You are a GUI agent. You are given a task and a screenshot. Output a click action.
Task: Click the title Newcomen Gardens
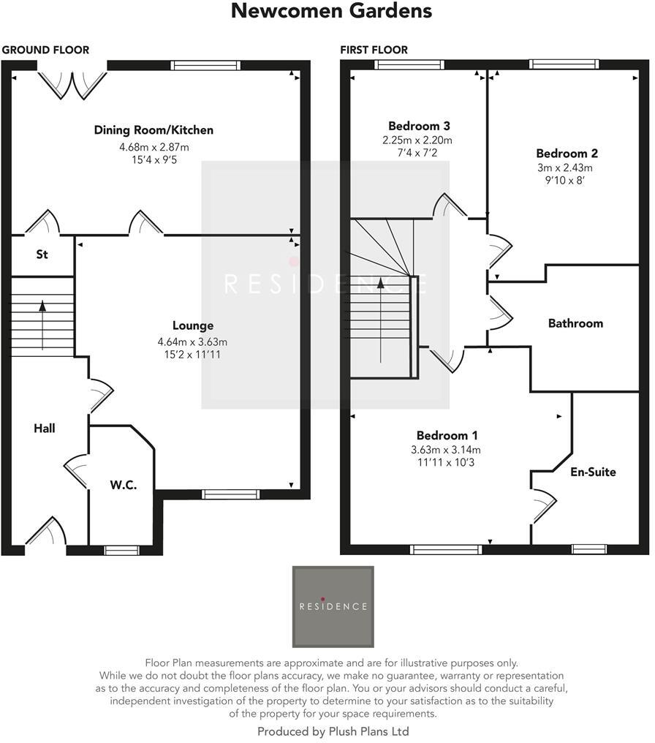coord(331,12)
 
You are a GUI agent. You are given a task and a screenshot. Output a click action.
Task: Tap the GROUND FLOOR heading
coord(45,50)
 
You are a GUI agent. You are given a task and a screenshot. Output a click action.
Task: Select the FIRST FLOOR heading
coord(374,50)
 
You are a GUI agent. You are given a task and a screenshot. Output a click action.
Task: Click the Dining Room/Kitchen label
coord(154,130)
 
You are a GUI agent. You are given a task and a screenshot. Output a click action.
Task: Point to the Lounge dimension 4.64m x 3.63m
coord(192,342)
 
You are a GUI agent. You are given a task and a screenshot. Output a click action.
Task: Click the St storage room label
coord(42,254)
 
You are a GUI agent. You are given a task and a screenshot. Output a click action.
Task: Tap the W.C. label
coord(124,485)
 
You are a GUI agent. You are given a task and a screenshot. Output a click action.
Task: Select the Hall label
coord(45,428)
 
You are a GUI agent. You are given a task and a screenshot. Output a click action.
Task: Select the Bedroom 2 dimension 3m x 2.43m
coord(567,167)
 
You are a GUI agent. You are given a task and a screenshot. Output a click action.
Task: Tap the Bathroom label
coord(575,323)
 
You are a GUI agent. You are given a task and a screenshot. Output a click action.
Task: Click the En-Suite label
coord(593,472)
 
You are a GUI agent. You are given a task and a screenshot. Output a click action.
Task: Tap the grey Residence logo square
coord(333,606)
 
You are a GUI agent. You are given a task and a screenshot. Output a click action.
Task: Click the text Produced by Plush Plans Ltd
coord(333,731)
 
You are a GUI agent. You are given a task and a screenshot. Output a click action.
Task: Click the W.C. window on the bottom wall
coord(121,550)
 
